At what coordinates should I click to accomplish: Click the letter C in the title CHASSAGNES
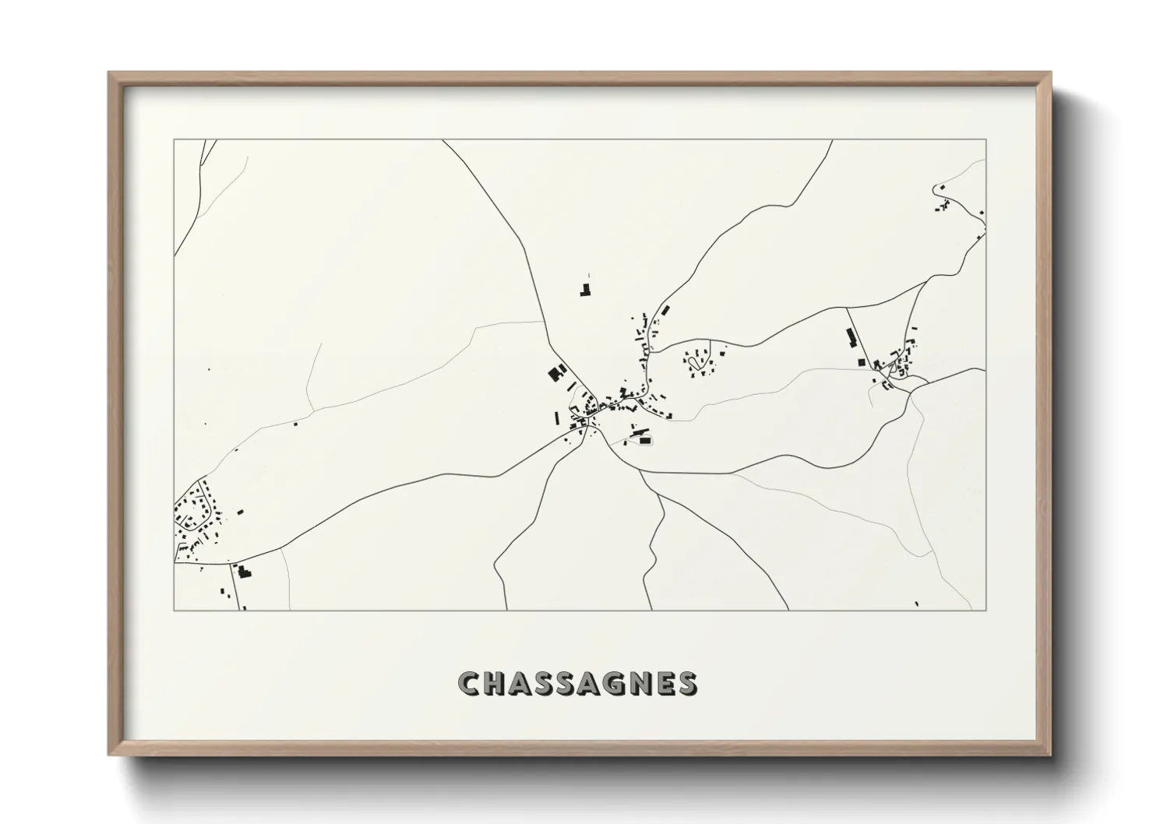471,683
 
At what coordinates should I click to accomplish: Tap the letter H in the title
497,683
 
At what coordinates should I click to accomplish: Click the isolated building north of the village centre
584,291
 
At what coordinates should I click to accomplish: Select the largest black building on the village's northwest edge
555,372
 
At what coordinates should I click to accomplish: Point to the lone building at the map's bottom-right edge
917,603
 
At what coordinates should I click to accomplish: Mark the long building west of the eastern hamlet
850,338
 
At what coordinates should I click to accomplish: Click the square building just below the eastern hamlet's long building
860,361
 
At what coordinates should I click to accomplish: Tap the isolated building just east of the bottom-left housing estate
240,512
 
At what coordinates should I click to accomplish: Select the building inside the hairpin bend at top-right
942,188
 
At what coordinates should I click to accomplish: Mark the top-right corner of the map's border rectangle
986,140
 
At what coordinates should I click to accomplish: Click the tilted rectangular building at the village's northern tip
665,309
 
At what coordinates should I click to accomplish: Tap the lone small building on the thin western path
295,424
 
